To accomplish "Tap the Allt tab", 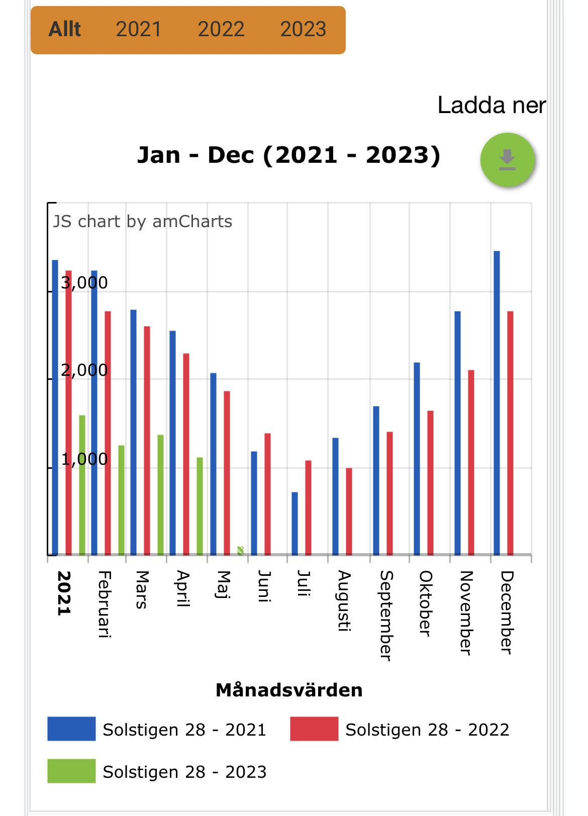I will click(65, 30).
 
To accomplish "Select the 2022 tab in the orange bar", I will click(221, 30).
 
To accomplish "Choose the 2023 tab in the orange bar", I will click(303, 30).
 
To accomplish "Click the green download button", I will click(508, 160).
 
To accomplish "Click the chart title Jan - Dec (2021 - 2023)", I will click(288, 155).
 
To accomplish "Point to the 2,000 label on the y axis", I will click(84, 370).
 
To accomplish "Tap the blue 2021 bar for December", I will click(497, 402).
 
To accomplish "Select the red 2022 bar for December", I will click(510, 432).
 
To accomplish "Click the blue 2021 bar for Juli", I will click(295, 524).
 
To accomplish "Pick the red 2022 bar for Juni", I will click(267, 494).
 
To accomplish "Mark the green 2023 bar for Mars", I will click(160, 495).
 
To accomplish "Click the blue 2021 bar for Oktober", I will click(417, 458).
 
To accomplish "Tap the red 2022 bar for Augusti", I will click(349, 512).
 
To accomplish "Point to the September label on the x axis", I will click(385, 616).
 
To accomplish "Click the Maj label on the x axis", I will click(223, 585).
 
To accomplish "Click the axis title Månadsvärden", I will click(289, 690).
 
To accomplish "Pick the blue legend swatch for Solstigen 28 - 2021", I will click(71, 729).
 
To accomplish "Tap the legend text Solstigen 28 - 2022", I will click(427, 730).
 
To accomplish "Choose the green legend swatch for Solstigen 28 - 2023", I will click(71, 771).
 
